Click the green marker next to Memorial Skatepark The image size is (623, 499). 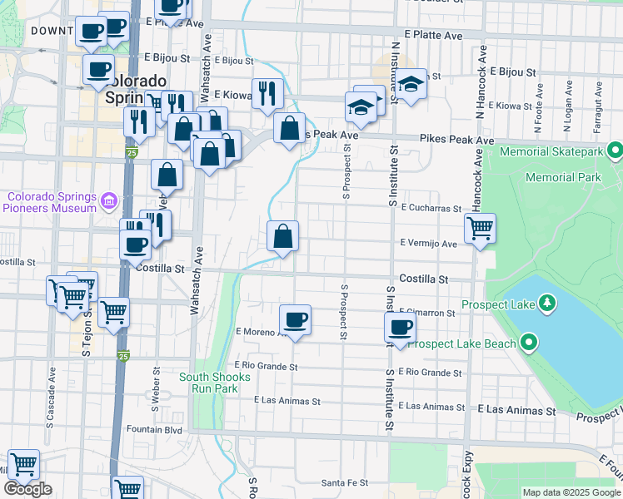tap(615, 151)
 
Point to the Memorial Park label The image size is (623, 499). tap(563, 177)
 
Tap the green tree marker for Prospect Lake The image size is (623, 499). tap(546, 301)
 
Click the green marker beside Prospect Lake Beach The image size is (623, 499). tap(528, 342)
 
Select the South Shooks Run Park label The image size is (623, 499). tap(214, 383)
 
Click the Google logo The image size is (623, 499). tap(27, 489)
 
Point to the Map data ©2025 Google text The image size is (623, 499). tap(571, 492)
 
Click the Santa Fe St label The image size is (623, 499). tap(345, 482)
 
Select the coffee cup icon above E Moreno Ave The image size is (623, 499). tap(295, 319)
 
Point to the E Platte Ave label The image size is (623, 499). tap(433, 36)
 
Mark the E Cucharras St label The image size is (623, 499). tap(431, 209)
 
